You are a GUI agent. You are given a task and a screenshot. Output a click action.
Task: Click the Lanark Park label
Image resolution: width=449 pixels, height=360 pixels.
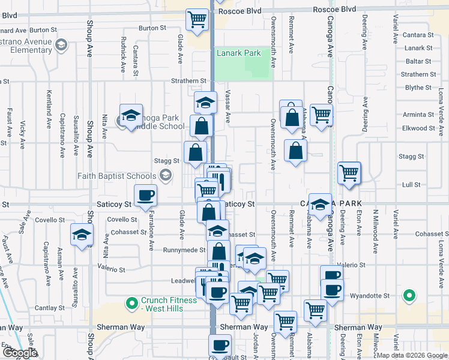pyautogui.click(x=238, y=53)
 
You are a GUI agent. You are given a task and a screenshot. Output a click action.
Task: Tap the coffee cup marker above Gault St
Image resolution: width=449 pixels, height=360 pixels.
pyautogui.click(x=220, y=345)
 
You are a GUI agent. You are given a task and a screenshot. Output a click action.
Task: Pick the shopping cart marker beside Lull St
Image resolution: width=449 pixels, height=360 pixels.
pyautogui.click(x=349, y=173)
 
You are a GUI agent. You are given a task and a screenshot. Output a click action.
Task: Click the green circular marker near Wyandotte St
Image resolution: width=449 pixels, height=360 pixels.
pyautogui.click(x=409, y=295)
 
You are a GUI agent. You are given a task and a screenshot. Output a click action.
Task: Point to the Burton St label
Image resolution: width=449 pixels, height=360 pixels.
pyautogui.click(x=152, y=28)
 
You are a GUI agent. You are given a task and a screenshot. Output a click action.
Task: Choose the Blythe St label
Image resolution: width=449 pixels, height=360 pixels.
pyautogui.click(x=419, y=88)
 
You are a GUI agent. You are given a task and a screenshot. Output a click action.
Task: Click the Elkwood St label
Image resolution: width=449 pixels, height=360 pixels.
pyautogui.click(x=418, y=128)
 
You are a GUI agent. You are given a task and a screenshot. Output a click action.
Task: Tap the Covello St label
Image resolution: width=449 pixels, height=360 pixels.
pyautogui.click(x=123, y=220)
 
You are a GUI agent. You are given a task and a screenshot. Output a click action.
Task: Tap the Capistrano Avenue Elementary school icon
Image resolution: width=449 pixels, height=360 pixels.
pyautogui.click(x=61, y=44)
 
